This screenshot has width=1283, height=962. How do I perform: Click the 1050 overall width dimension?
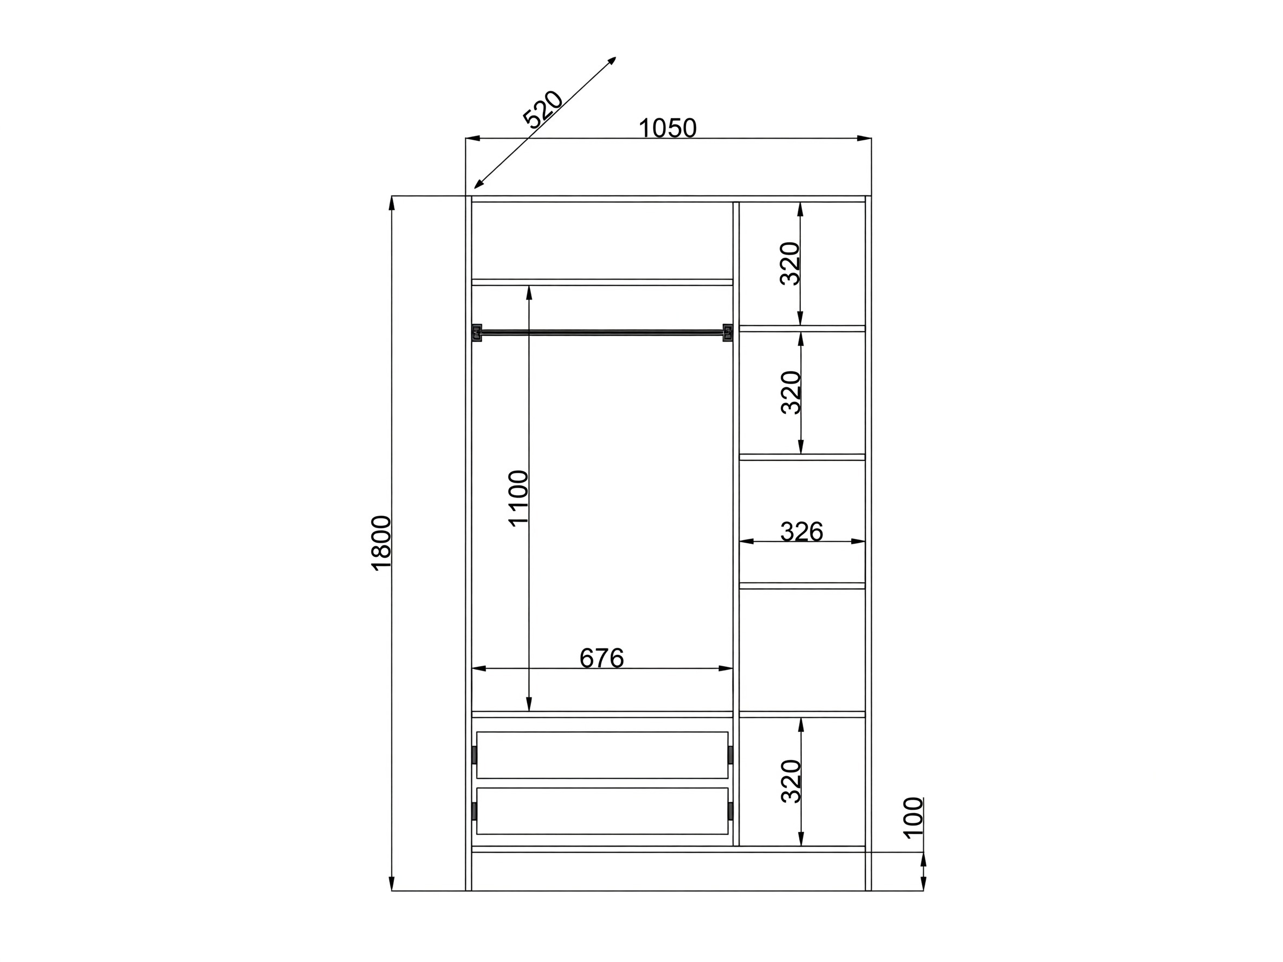point(667,128)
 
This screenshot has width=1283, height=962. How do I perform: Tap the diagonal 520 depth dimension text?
point(542,109)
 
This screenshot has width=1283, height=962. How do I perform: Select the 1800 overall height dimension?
point(381,543)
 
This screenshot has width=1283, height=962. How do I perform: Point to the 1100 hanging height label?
point(518,498)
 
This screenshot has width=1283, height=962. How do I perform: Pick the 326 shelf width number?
point(801,531)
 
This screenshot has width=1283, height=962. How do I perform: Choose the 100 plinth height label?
point(913,817)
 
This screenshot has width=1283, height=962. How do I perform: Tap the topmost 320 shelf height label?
point(790,263)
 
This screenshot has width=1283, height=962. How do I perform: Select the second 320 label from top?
point(790,393)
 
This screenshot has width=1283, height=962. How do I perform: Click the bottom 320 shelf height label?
point(790,781)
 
